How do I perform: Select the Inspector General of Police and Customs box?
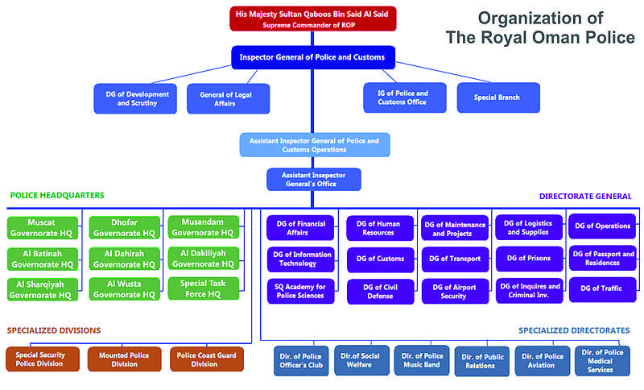312,58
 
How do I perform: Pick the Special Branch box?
497,97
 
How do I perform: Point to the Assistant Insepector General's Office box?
313,179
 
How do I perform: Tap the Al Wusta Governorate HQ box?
123,288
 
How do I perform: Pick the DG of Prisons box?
528,259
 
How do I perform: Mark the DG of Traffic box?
602,289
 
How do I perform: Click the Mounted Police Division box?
124,359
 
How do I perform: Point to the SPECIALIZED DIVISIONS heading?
54,330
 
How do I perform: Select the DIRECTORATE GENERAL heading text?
585,196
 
